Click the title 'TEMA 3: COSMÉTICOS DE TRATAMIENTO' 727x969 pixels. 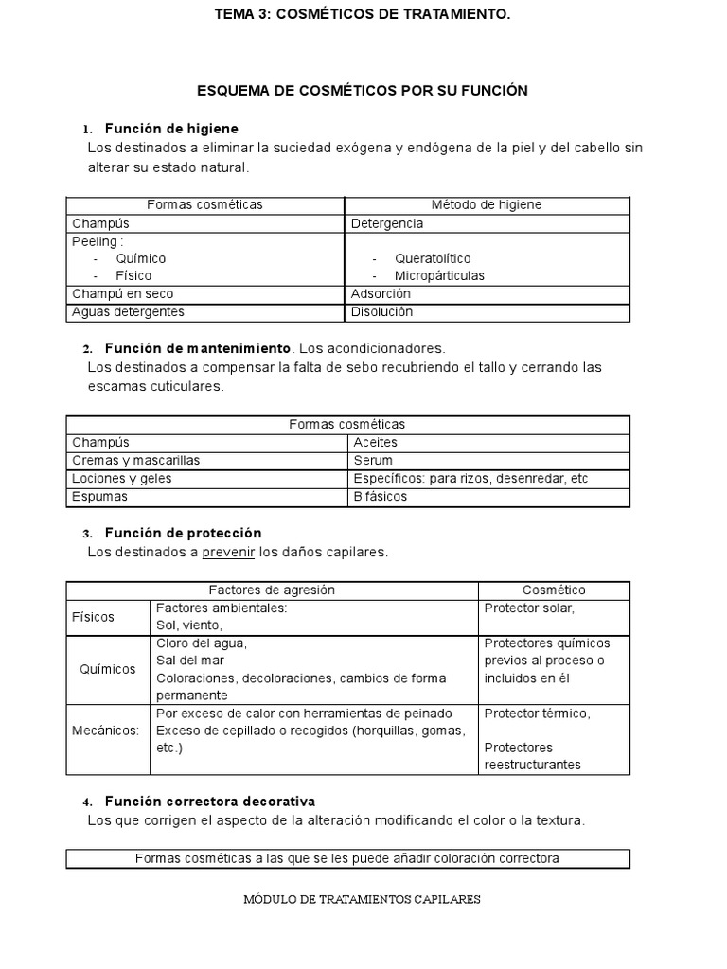point(363,14)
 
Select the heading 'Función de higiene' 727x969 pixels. point(171,128)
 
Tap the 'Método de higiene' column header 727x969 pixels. point(487,204)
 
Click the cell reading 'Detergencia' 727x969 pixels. point(387,223)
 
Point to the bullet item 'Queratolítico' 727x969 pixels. point(433,258)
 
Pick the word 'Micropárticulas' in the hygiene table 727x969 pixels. point(439,275)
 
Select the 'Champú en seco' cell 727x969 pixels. point(123,293)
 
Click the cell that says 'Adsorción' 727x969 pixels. point(381,293)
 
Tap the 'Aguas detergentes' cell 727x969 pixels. point(128,311)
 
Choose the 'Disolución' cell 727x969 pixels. point(381,311)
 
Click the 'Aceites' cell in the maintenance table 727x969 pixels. point(375,442)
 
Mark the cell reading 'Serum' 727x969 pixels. point(373,460)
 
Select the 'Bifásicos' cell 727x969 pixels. point(381,496)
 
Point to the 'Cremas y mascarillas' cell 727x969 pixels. point(135,460)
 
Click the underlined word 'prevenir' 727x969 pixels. point(228,552)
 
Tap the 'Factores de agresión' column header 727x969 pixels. point(271,590)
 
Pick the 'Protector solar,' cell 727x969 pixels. point(529,608)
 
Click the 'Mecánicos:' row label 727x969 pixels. point(106,730)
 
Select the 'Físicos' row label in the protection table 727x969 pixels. point(93,617)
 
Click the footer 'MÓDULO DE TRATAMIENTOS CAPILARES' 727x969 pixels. point(363,899)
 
